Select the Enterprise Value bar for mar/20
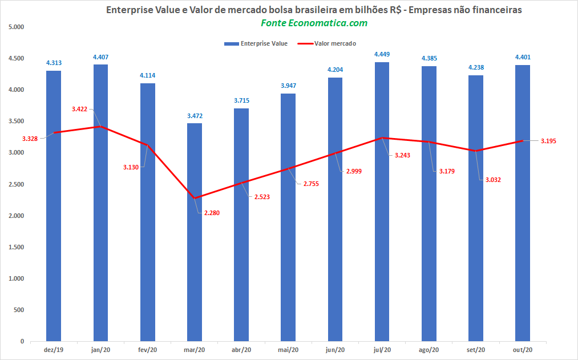point(195,232)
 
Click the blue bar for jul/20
point(382,201)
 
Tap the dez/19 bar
point(54,206)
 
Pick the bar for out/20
point(523,203)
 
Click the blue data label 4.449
point(382,55)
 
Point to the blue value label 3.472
point(195,116)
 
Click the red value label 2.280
point(212,213)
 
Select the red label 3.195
point(548,141)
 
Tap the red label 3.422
point(80,109)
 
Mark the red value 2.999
point(354,171)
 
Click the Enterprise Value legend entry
point(256,43)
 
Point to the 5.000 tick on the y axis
point(16,27)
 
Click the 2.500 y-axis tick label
point(16,184)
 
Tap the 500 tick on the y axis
point(19,310)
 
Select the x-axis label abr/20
point(241,350)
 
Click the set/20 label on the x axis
point(476,350)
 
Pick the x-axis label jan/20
point(100,350)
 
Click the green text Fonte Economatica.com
point(314,23)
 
